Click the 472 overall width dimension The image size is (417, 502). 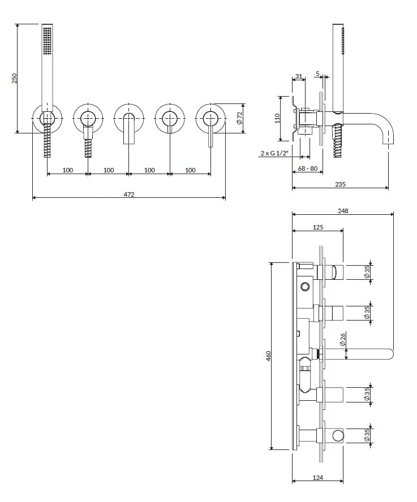click(x=129, y=194)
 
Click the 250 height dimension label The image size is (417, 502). click(x=15, y=78)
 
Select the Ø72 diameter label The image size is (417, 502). click(x=239, y=118)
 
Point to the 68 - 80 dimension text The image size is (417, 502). click(x=308, y=169)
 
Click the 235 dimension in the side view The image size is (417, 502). click(x=341, y=184)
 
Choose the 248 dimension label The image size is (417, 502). click(x=343, y=210)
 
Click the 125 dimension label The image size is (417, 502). click(x=318, y=227)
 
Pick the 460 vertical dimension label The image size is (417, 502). click(x=269, y=356)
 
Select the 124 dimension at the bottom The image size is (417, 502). click(x=318, y=478)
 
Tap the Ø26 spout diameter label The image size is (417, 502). click(x=343, y=339)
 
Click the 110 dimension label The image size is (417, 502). click(x=277, y=118)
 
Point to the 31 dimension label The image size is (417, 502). click(x=299, y=76)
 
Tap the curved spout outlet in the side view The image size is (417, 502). click(x=388, y=139)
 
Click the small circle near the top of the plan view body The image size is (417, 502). click(x=306, y=286)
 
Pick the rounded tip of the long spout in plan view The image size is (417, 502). click(x=390, y=354)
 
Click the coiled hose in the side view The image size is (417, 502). click(x=339, y=142)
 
